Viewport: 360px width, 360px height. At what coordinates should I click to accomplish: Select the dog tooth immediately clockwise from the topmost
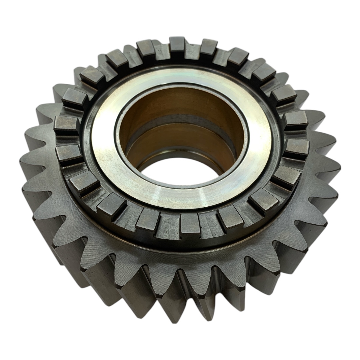pyautogui.click(x=210, y=46)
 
